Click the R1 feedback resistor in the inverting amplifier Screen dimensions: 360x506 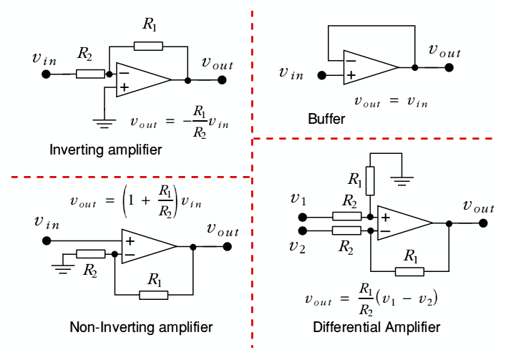(x=147, y=46)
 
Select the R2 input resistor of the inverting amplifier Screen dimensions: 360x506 (x=90, y=73)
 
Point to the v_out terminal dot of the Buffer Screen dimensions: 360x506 (x=449, y=68)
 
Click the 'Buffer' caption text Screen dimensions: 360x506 (x=326, y=119)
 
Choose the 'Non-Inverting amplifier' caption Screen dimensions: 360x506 (x=141, y=327)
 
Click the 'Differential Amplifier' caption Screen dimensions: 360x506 (x=376, y=327)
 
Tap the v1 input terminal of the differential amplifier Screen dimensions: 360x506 (x=303, y=216)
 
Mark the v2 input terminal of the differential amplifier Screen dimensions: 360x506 (x=303, y=230)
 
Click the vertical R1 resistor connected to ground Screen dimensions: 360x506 (x=370, y=178)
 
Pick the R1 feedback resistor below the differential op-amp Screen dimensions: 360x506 (x=409, y=271)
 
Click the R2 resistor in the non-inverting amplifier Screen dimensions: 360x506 (x=91, y=253)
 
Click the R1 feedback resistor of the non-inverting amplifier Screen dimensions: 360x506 (x=153, y=294)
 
